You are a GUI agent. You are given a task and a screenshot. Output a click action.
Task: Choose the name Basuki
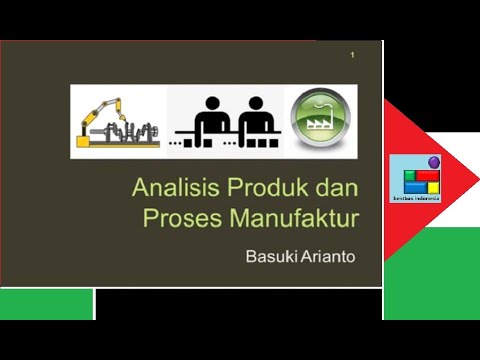[271, 256]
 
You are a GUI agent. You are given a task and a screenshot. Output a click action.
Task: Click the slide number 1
[353, 54]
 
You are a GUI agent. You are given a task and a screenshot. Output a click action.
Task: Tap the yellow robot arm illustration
[118, 122]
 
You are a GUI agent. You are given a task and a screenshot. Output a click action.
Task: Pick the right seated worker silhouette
[255, 124]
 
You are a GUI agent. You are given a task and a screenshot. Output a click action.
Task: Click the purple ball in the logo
[433, 161]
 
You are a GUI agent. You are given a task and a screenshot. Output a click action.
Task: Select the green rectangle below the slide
[47, 303]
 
